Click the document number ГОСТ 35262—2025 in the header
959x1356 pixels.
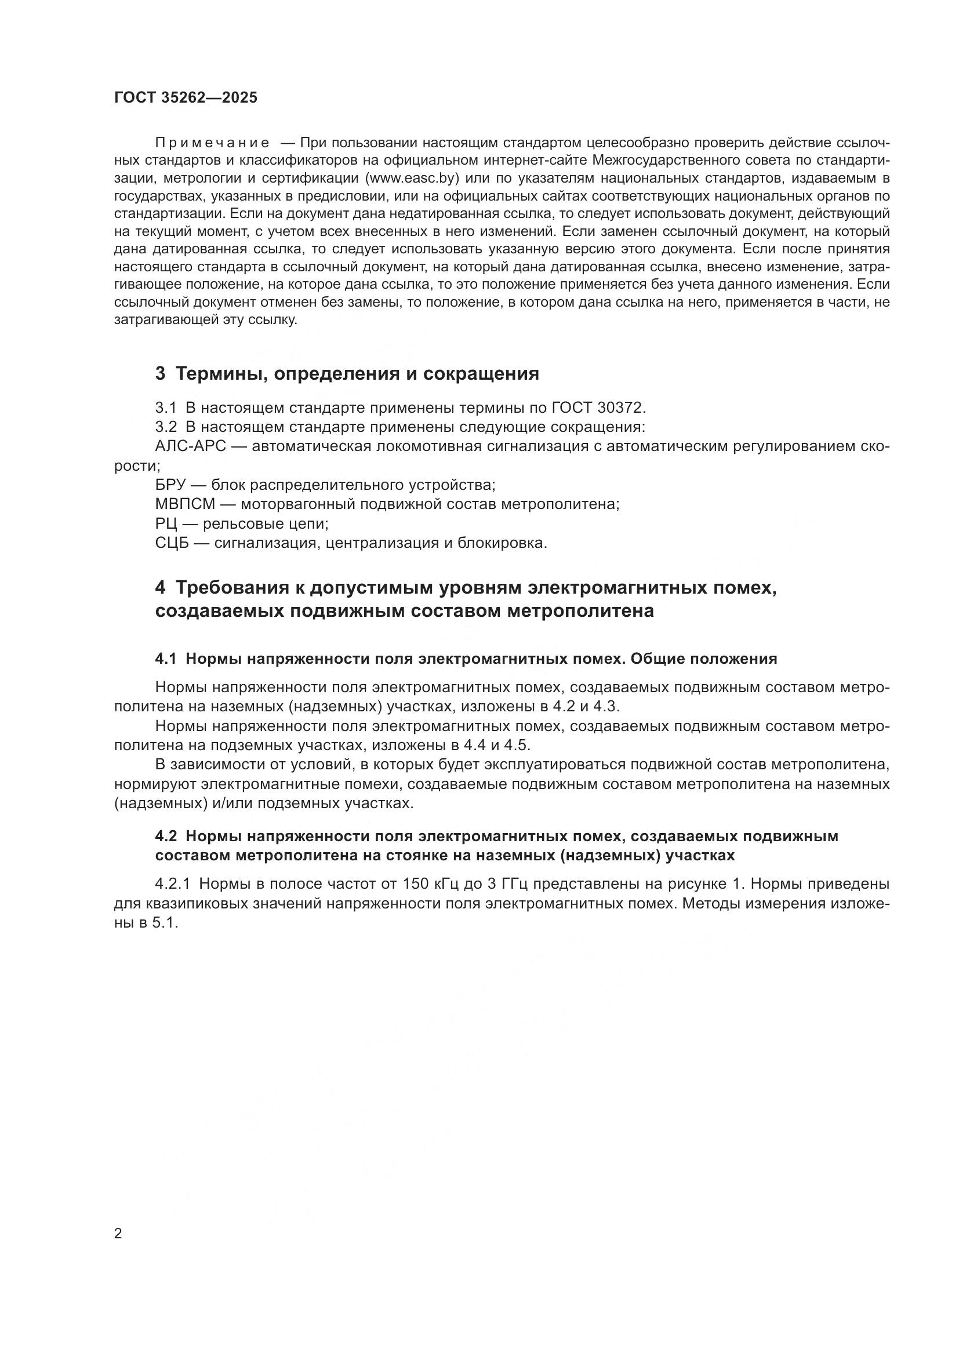[x=186, y=98]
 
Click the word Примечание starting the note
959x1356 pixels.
[x=212, y=143]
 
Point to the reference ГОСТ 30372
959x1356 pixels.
[x=599, y=408]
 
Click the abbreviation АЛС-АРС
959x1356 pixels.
[x=191, y=446]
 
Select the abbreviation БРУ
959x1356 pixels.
[x=170, y=485]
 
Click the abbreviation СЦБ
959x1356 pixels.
[x=172, y=543]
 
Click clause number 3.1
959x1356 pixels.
[x=166, y=408]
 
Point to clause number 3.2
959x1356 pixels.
[x=166, y=427]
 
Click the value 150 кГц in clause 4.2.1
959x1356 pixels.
[x=430, y=884]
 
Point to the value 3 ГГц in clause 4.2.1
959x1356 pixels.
[x=501, y=884]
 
